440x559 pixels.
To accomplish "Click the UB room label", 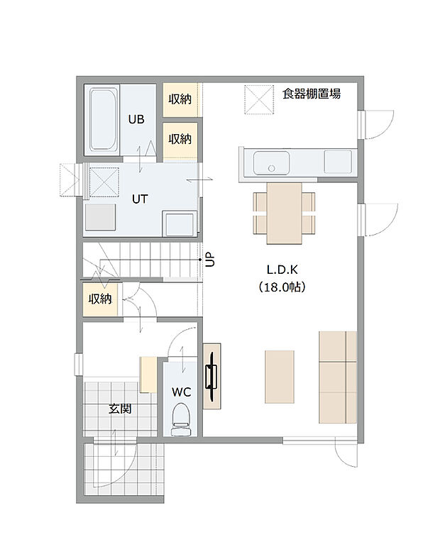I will click(x=136, y=119).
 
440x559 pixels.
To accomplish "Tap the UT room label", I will click(x=140, y=199).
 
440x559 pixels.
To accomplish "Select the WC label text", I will click(x=182, y=391).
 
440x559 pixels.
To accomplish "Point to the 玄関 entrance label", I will click(x=119, y=409).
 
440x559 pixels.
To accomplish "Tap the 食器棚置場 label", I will click(x=311, y=94).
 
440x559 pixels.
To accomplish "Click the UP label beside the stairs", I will click(x=210, y=260).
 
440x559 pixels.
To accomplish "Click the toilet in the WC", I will click(x=182, y=419).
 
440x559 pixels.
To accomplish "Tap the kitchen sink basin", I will click(x=269, y=162).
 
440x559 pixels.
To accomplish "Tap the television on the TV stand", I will click(x=210, y=376).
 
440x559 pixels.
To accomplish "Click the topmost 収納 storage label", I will click(x=180, y=100).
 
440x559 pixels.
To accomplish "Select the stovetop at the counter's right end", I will click(x=336, y=162).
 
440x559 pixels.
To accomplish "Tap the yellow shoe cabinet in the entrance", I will click(x=148, y=374).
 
